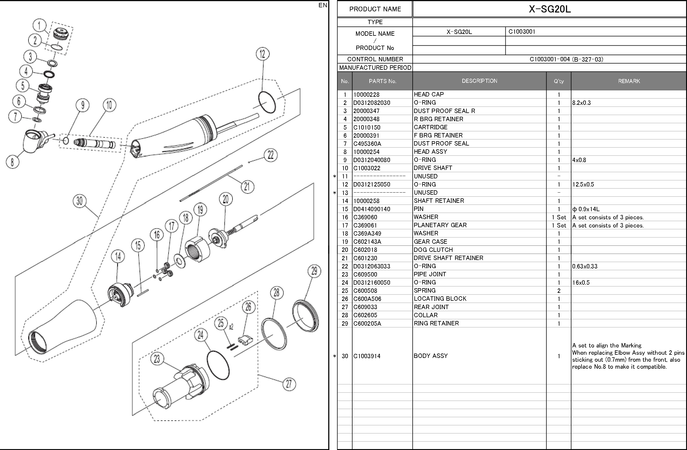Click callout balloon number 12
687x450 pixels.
tap(262, 54)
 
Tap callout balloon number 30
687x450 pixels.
tap(80, 201)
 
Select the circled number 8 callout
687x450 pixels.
tap(12, 162)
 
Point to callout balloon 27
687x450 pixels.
tap(289, 384)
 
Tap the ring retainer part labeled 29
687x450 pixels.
tap(305, 316)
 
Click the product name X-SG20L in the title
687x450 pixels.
tap(550, 9)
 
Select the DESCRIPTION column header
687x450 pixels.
tap(479, 81)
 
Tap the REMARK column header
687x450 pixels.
tap(629, 81)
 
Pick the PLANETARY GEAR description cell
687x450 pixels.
tap(440, 225)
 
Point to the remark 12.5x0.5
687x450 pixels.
tap(583, 184)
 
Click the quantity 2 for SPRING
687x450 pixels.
tap(559, 291)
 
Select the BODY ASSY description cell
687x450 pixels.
tap(430, 356)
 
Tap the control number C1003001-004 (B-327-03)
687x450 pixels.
tap(566, 59)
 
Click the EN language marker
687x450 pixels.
tap(323, 5)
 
